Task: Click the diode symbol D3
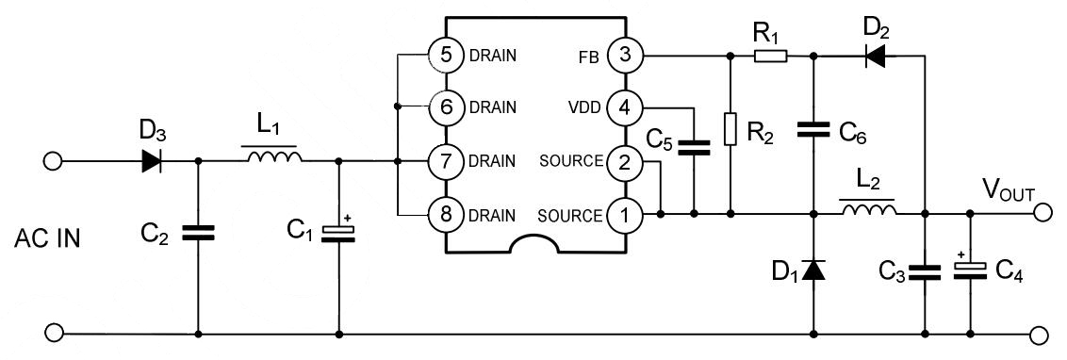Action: tap(151, 161)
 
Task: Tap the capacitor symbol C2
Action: tap(199, 233)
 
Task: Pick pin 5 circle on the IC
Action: tap(448, 55)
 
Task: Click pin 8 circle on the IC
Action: tap(448, 214)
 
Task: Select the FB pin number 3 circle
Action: tap(623, 55)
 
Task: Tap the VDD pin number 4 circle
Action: tap(623, 107)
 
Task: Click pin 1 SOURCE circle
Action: tap(623, 214)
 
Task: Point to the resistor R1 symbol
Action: tap(770, 56)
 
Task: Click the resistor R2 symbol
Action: tap(730, 129)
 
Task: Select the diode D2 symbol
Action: tap(875, 56)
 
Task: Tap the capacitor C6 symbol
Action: tap(813, 131)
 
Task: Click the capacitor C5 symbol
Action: tap(695, 147)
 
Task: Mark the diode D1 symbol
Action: tap(813, 270)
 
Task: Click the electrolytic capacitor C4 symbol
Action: tap(969, 270)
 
